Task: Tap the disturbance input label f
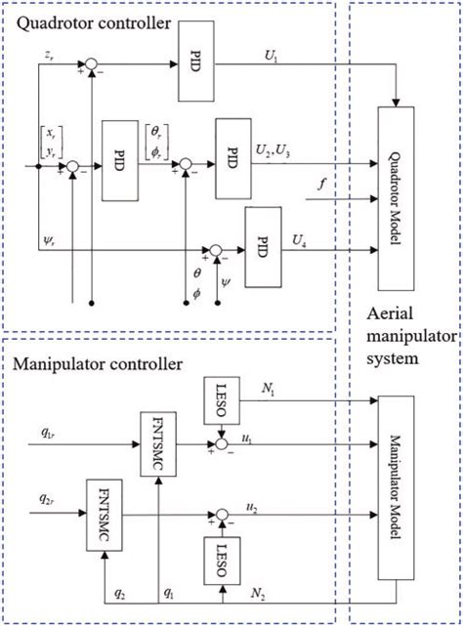[x=323, y=184]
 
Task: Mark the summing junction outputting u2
[x=223, y=511]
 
